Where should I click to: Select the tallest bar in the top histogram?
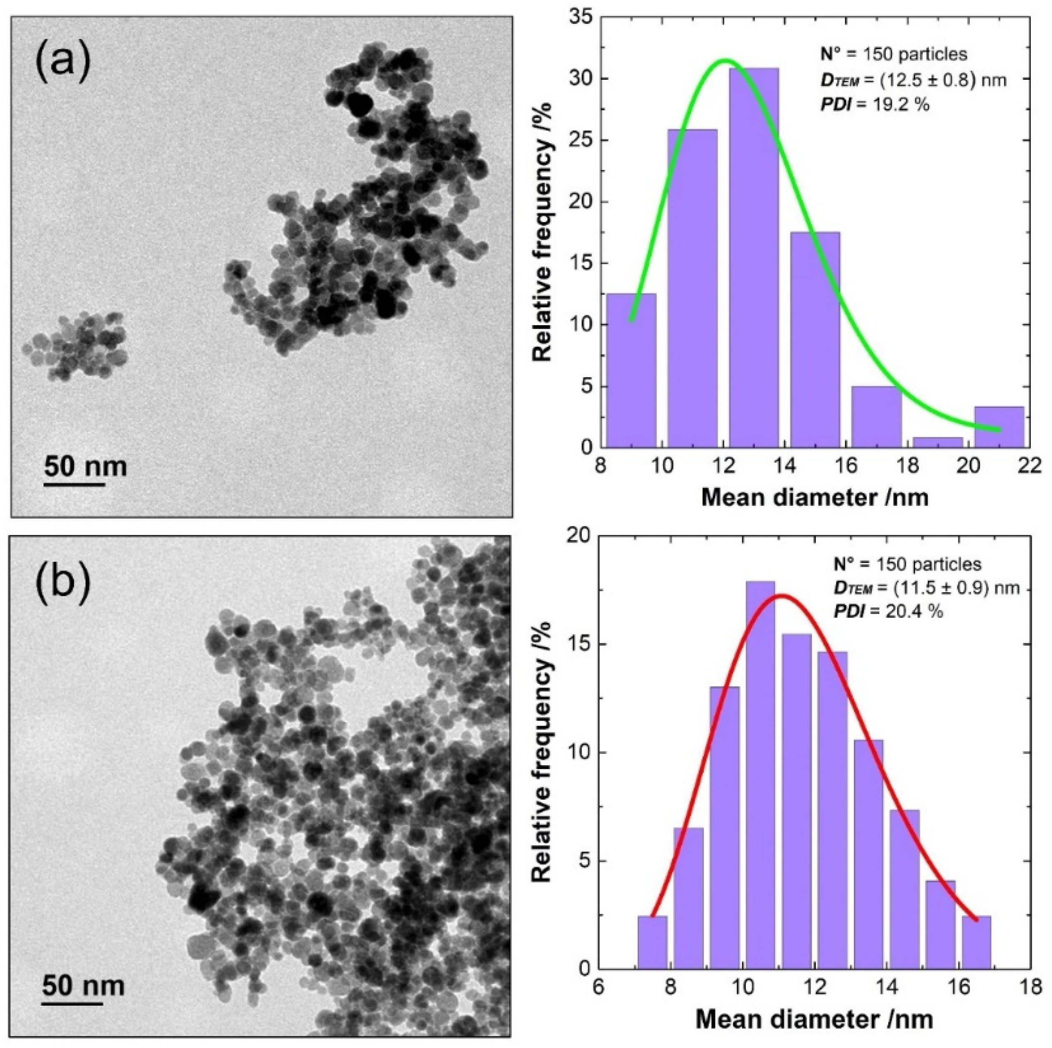click(x=754, y=256)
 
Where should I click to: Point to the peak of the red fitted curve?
click(x=781, y=595)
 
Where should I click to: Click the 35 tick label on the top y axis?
click(x=581, y=17)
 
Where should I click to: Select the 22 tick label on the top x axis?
click(x=1029, y=467)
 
